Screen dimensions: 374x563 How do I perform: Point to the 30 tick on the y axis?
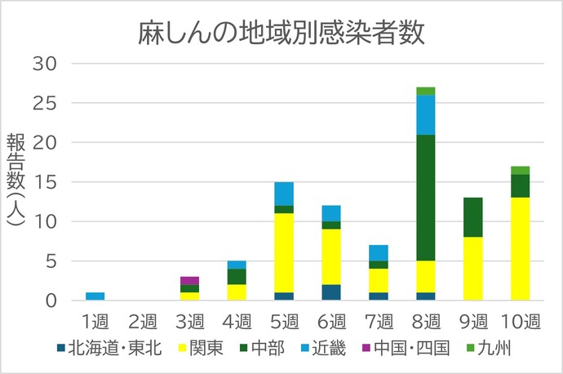pos(46,63)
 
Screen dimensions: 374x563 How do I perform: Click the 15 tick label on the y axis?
pos(46,182)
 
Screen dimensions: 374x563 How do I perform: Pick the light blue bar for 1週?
pos(95,296)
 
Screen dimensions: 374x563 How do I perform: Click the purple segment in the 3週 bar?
pos(189,281)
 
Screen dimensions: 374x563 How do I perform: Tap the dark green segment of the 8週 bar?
pos(425,198)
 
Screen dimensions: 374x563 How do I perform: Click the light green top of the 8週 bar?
pos(425,91)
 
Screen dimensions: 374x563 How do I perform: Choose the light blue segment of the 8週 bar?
pos(425,114)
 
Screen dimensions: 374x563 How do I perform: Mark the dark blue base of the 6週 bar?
pos(331,292)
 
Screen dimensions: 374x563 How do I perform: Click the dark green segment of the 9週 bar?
pos(473,217)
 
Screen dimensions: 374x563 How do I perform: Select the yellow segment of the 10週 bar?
pos(520,249)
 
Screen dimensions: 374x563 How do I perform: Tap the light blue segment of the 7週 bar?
pos(379,252)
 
